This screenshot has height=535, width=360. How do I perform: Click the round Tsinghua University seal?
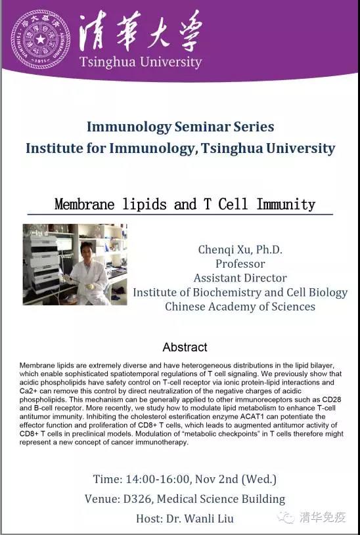click(40, 39)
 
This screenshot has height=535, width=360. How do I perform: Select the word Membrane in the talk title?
click(84, 204)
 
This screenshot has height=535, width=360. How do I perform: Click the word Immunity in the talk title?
click(286, 204)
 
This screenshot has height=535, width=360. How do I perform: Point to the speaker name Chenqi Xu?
click(225, 249)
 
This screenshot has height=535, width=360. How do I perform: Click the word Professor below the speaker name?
click(240, 264)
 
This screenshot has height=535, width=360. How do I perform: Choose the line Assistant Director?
click(240, 278)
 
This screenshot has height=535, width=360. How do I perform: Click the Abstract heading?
click(185, 347)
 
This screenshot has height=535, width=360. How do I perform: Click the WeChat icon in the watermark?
click(286, 517)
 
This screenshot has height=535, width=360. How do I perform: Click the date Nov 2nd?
click(217, 479)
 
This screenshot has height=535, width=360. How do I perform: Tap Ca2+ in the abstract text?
click(28, 391)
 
